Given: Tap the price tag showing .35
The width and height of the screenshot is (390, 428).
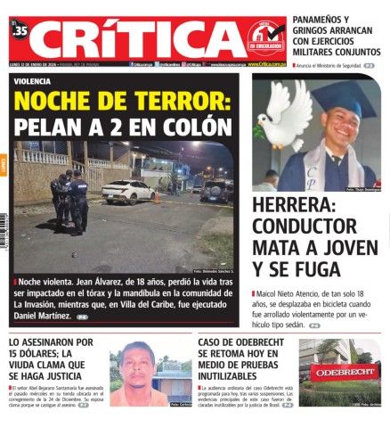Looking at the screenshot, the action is click(x=20, y=32).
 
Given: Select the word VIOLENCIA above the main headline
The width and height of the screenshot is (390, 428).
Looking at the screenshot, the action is click(x=34, y=81).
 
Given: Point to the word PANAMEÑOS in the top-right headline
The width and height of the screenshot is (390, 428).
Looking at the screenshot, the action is click(x=321, y=20).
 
